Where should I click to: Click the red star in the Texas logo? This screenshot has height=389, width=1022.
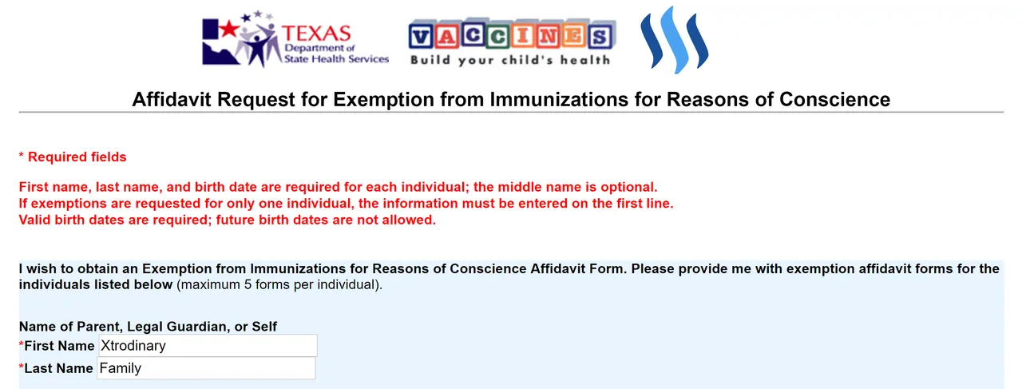click(x=229, y=30)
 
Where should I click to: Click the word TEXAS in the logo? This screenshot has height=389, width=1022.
click(x=316, y=34)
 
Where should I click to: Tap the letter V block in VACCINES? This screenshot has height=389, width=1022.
click(x=422, y=36)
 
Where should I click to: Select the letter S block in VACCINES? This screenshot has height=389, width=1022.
click(x=600, y=36)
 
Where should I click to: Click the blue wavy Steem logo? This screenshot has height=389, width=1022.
click(x=675, y=40)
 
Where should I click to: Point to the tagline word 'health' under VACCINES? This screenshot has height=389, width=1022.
click(x=585, y=60)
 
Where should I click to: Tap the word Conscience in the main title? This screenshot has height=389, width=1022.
click(x=834, y=99)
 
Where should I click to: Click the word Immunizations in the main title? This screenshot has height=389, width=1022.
click(x=559, y=99)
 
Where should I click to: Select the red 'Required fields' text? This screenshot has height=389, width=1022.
click(x=77, y=157)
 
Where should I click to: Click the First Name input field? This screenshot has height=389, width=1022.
click(x=208, y=346)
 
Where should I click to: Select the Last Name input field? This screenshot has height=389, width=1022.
click(x=206, y=368)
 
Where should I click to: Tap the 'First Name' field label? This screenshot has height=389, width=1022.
click(x=59, y=346)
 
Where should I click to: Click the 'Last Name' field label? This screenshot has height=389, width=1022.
click(x=58, y=368)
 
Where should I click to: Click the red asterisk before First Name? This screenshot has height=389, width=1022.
click(x=21, y=344)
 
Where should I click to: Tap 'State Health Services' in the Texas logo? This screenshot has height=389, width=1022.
click(x=336, y=59)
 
